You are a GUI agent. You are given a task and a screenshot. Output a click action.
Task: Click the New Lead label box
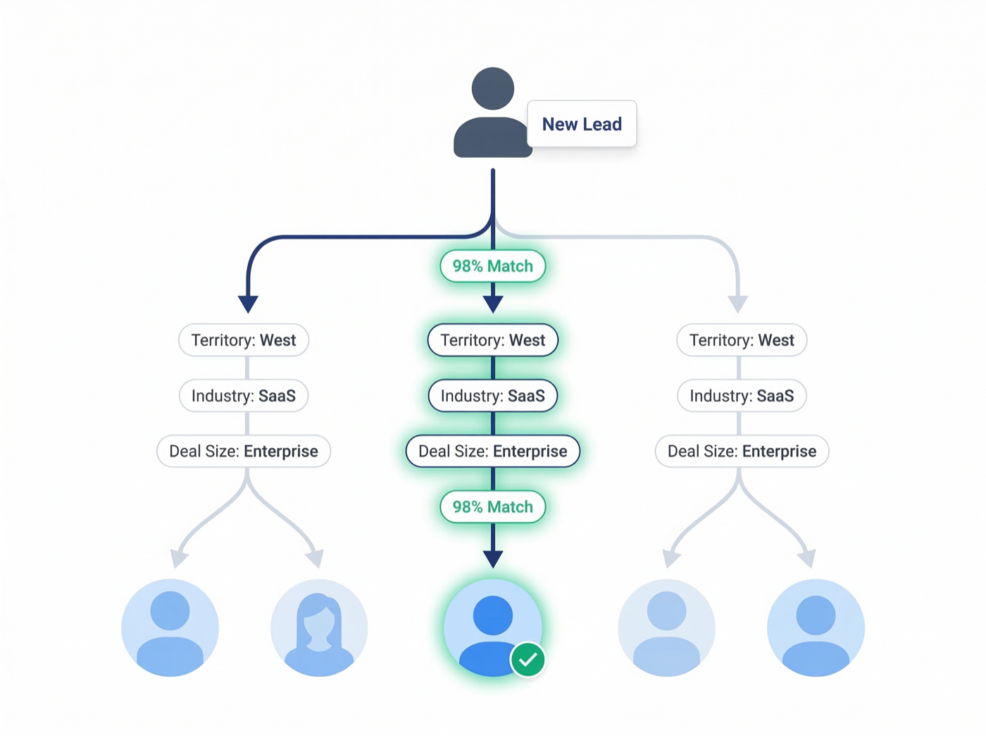coord(582,124)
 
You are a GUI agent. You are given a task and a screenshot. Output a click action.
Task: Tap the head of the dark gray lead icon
coord(492,88)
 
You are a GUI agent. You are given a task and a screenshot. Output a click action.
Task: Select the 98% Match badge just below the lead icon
coord(492,266)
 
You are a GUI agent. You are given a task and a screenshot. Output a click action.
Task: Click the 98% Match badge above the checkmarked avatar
coord(492,507)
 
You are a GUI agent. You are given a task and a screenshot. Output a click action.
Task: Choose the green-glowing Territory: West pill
coord(492,340)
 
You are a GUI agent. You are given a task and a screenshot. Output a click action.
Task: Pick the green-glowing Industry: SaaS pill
coord(492,396)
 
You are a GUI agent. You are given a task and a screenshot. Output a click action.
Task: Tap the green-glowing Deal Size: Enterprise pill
coord(492,451)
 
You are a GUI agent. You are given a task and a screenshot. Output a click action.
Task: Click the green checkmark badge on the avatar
coord(528,660)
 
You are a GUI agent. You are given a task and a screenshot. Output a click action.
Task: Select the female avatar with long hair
coord(319,628)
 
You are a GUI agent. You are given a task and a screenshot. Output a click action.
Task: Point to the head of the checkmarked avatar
coord(492,615)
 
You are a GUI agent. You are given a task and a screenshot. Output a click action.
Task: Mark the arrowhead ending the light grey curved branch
coord(737,304)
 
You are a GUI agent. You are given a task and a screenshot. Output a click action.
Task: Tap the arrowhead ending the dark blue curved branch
coord(248,304)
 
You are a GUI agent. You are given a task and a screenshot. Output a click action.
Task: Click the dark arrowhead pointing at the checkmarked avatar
coord(493,559)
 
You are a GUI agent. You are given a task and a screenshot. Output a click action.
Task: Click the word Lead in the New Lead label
coord(602,124)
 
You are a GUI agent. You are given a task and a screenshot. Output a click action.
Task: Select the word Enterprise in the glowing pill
coord(530,451)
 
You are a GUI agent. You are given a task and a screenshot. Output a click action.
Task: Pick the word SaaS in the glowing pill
coord(526,396)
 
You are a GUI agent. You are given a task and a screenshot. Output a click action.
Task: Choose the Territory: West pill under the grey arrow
coord(742,340)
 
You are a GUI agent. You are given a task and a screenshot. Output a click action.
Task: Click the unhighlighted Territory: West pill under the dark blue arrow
coord(244,340)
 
